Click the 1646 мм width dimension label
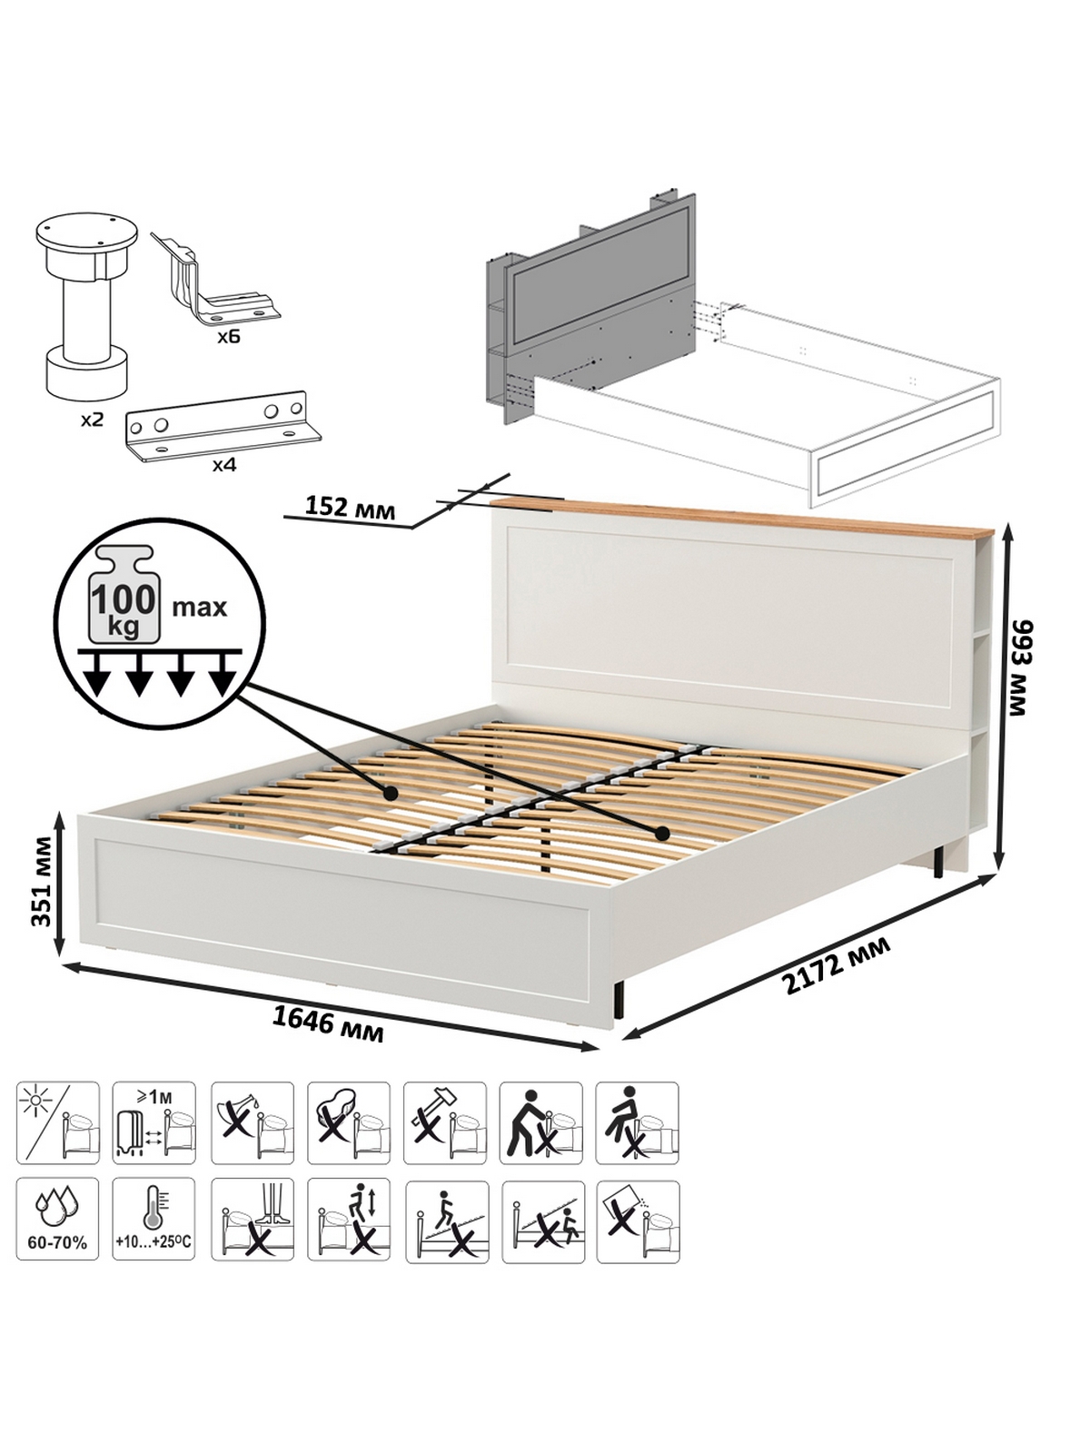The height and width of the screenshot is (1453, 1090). tap(328, 1027)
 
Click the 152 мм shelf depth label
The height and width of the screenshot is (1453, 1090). tap(350, 507)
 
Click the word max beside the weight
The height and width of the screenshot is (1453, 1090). tap(200, 607)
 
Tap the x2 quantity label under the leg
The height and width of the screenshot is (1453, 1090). tap(92, 420)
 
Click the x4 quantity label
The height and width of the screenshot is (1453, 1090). tap(224, 465)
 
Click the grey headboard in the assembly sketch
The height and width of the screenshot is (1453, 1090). tap(591, 309)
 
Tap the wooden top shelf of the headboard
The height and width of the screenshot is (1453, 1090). tap(742, 517)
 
